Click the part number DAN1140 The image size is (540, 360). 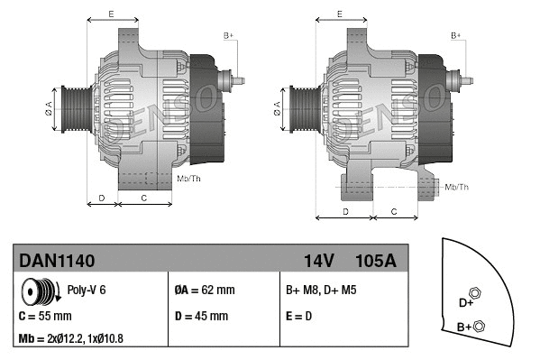point(57,261)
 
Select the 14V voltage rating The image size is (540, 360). point(319,261)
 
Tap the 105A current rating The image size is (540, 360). point(374,261)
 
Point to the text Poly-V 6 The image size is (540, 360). point(87,291)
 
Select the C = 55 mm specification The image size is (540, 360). point(45,317)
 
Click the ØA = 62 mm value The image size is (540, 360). point(204,291)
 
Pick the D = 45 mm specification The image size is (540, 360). point(200,317)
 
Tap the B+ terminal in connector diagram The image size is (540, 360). point(479,326)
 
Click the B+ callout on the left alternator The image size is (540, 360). point(228,35)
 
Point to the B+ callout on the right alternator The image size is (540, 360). point(456,35)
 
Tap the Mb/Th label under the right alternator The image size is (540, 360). point(457,187)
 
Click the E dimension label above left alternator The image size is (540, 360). point(111,14)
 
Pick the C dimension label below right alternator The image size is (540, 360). point(393,211)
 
